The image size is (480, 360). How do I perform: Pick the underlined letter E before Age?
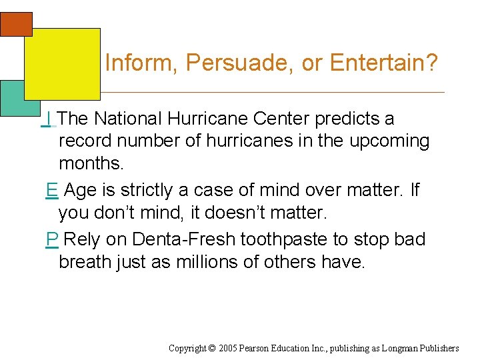click(51, 191)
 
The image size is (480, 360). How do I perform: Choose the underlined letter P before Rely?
click(51, 239)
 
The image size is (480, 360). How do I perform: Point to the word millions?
click(203, 262)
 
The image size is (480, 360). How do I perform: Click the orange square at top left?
click(16, 24)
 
